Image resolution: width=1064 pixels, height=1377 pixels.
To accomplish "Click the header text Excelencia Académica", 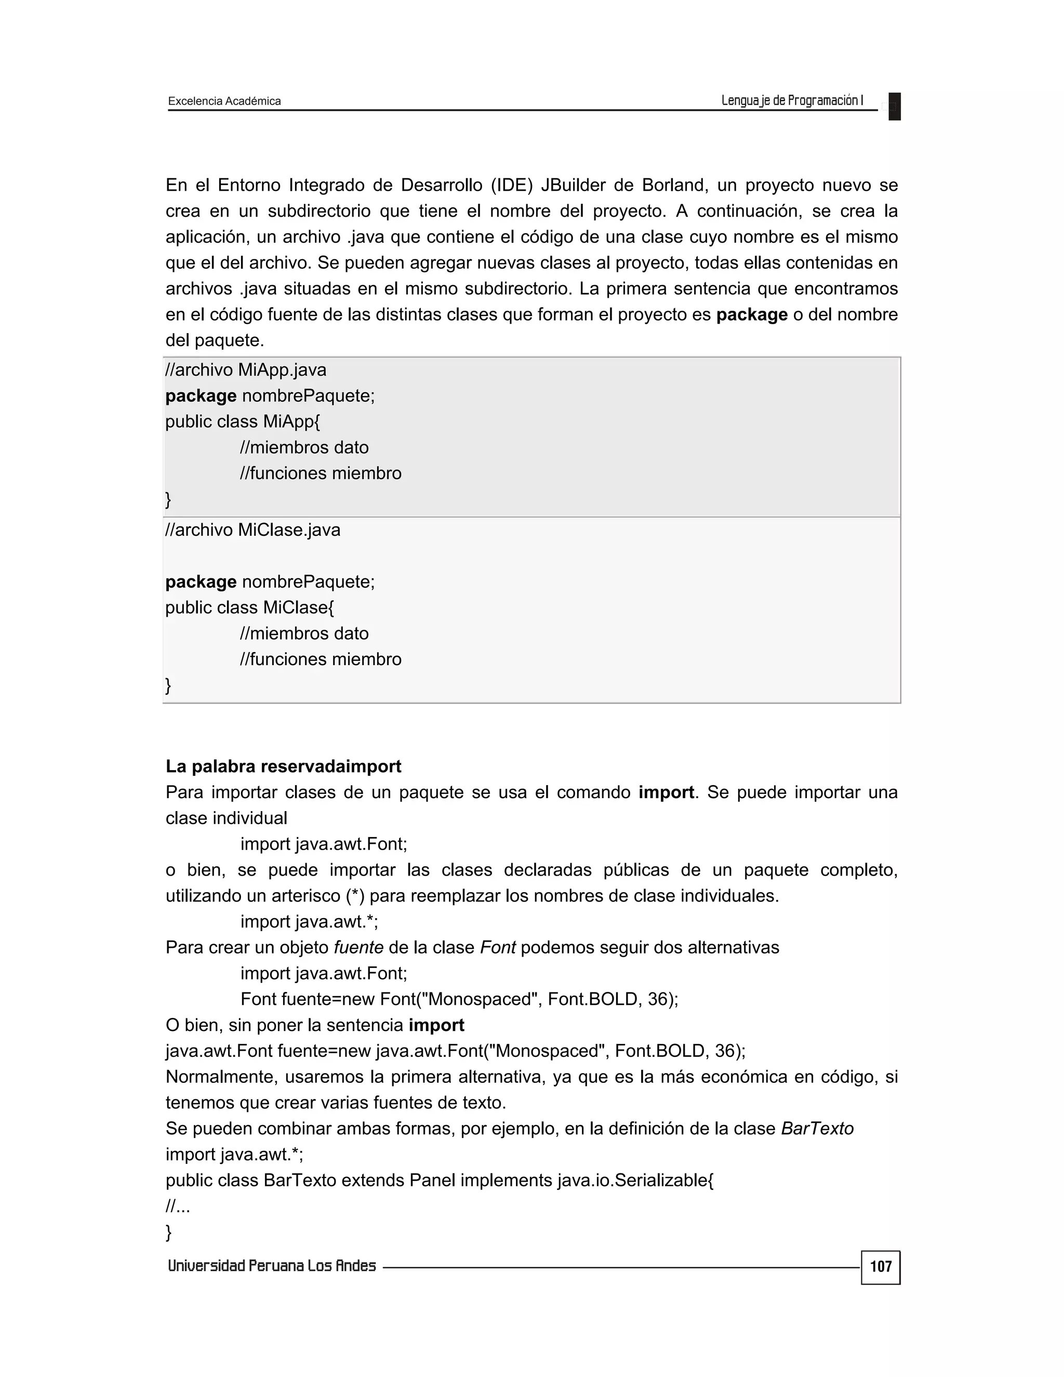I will (224, 101).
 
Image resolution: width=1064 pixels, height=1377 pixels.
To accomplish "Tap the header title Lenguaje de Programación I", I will (792, 100).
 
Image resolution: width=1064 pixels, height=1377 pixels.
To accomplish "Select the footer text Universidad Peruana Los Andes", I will (272, 1266).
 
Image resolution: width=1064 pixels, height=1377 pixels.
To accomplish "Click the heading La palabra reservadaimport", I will (283, 766).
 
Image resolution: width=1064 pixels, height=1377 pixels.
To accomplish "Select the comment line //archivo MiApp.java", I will (246, 369).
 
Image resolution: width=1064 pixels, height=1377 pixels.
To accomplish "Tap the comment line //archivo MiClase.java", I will (253, 529).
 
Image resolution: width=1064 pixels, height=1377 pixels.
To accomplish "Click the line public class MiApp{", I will (243, 421).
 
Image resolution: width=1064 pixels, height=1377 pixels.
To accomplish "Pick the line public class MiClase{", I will (249, 607).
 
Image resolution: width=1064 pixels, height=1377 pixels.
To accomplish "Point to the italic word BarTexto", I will (817, 1128).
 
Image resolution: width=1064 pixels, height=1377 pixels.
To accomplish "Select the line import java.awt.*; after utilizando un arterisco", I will (309, 921).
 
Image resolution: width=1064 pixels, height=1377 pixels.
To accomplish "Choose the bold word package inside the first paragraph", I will (751, 314).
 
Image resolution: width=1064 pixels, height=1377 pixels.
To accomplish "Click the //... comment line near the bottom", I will (178, 1206).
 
